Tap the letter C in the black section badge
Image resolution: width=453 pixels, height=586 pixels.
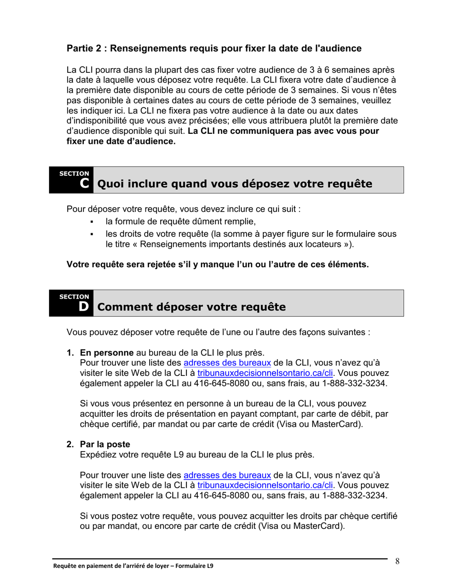click(x=84, y=183)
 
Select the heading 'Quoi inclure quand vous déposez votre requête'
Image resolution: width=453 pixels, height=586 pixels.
click(x=234, y=184)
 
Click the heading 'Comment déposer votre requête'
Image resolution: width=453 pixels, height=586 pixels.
click(x=191, y=307)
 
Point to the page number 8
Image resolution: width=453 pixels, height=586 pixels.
click(x=397, y=561)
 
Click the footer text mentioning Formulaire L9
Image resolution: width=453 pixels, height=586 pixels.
click(x=133, y=566)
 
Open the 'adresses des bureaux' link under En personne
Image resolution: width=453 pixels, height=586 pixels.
click(x=227, y=363)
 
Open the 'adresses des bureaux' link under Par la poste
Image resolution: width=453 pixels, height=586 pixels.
click(x=227, y=475)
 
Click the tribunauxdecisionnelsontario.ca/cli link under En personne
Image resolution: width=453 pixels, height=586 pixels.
click(x=265, y=373)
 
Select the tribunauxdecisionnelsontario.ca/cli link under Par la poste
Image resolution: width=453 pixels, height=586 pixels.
click(x=265, y=485)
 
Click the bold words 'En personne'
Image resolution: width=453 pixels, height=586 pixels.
click(x=107, y=353)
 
